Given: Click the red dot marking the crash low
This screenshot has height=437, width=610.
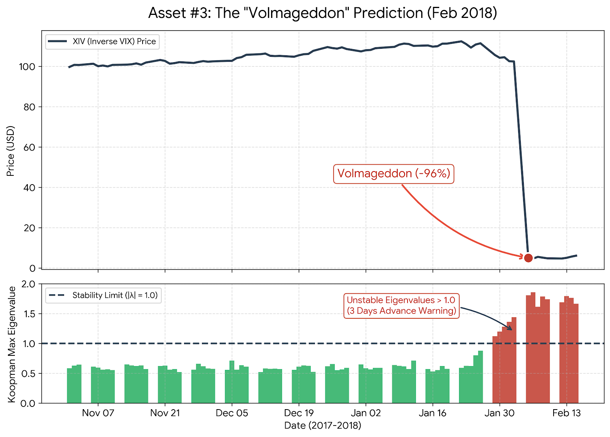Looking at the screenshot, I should (x=528, y=258).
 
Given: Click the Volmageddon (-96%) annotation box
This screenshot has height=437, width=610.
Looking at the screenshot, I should (x=393, y=174).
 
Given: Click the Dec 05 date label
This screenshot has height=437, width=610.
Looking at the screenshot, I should (x=232, y=413).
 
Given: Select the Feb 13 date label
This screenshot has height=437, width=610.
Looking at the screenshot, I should (x=566, y=413).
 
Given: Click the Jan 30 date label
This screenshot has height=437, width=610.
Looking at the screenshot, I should (x=499, y=413).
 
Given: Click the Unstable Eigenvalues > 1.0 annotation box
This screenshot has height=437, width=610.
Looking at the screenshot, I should (x=401, y=305).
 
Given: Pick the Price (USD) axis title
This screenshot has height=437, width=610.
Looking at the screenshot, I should (x=11, y=151).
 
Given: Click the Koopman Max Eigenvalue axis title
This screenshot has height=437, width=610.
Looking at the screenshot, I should (x=12, y=344).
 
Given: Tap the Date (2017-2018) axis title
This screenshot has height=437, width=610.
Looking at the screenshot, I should (x=323, y=425).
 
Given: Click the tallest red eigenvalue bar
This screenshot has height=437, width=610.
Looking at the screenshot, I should (x=533, y=347).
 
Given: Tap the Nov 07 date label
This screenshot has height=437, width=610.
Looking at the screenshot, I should (x=98, y=413).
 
